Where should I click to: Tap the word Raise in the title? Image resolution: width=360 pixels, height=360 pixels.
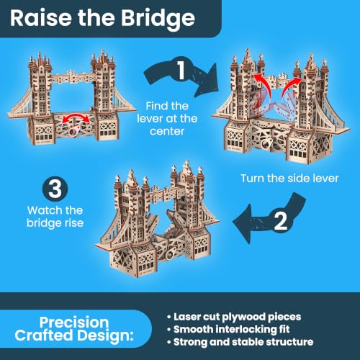(x=41, y=18)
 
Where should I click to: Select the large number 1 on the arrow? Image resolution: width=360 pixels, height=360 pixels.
(x=181, y=70)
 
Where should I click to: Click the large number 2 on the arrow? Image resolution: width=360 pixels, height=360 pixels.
(x=280, y=221)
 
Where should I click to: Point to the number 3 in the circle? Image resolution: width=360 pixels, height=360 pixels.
(x=55, y=189)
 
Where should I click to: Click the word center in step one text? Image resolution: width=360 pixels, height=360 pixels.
(x=167, y=131)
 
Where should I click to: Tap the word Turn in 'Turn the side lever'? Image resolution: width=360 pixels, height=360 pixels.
(x=253, y=179)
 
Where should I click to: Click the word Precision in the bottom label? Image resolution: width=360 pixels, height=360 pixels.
(x=74, y=323)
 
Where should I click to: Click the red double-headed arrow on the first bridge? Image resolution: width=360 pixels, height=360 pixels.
(x=76, y=117)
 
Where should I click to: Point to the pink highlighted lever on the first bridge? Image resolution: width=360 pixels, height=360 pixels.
(x=74, y=131)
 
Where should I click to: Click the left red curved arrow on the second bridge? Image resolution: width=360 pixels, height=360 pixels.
(x=265, y=84)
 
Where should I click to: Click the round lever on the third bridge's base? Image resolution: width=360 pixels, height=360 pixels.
(x=170, y=255)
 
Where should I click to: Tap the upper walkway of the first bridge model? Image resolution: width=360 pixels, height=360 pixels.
(x=72, y=77)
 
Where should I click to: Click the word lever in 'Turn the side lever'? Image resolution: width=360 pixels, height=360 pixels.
(x=327, y=179)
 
